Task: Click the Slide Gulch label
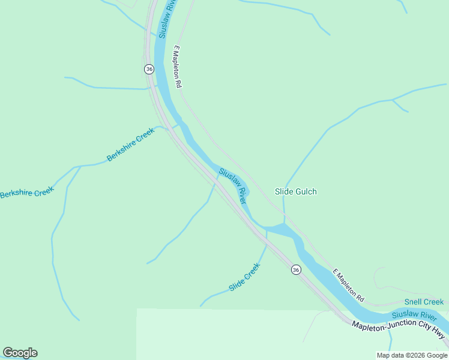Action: [295, 191]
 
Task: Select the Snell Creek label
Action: [424, 302]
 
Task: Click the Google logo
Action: [20, 353]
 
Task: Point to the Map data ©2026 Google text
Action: [412, 355]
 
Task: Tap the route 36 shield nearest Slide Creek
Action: [296, 270]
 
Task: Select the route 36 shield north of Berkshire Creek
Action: [149, 69]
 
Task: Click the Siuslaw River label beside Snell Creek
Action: [414, 315]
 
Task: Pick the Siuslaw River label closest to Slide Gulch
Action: [233, 185]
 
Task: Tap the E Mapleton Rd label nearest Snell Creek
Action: [348, 285]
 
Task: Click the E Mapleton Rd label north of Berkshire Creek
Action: [178, 67]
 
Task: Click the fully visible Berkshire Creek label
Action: [130, 147]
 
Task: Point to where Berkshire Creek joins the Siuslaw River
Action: [179, 125]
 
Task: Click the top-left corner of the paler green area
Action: [137, 310]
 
